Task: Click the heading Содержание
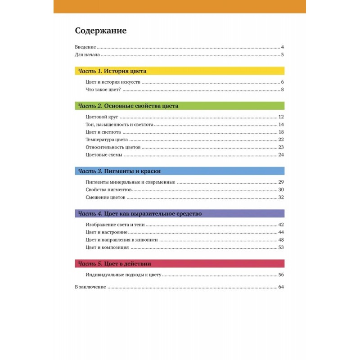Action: click(x=101, y=31)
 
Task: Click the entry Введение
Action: click(x=85, y=47)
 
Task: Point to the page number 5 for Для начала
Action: click(x=282, y=55)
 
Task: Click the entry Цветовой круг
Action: click(x=101, y=117)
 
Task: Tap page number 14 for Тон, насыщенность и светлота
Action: click(x=281, y=125)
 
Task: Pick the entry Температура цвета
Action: click(x=106, y=140)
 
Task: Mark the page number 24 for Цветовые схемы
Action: click(x=281, y=155)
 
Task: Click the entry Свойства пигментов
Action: click(x=106, y=190)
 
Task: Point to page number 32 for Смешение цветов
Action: click(x=281, y=198)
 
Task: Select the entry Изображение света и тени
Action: click(x=115, y=225)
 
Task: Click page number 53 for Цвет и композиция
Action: click(x=281, y=247)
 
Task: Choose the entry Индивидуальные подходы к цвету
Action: click(x=123, y=274)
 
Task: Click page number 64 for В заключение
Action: click(x=281, y=287)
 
